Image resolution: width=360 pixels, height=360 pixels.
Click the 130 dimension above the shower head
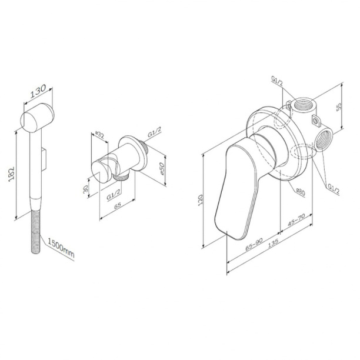click(x=38, y=92)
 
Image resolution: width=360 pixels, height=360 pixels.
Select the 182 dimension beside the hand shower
click(x=12, y=174)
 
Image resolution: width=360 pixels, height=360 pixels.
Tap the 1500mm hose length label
click(x=61, y=248)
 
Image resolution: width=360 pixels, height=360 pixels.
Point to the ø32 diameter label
click(x=99, y=135)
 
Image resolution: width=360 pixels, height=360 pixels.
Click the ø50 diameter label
click(x=162, y=169)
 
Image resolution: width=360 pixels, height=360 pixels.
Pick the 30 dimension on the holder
click(x=85, y=189)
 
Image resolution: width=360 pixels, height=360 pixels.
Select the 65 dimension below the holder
click(x=117, y=205)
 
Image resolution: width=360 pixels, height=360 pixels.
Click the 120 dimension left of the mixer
click(x=200, y=200)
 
